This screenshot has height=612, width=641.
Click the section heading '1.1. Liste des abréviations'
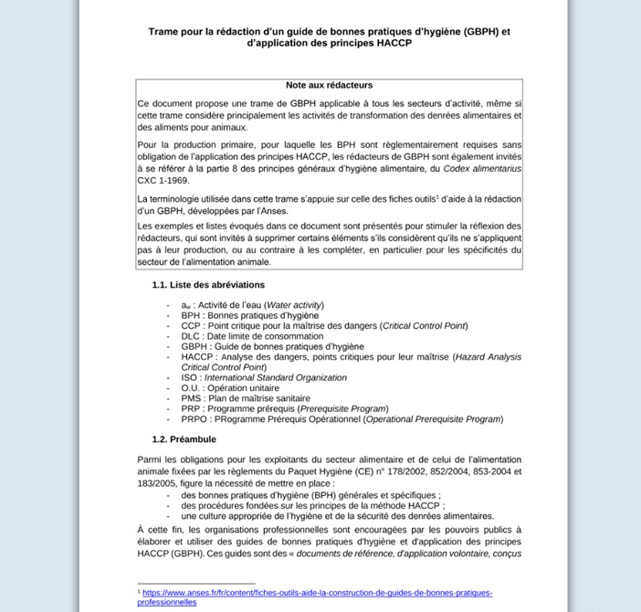(208, 285)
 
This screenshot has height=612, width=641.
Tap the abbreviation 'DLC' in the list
(190, 336)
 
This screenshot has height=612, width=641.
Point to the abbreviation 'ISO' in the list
(189, 377)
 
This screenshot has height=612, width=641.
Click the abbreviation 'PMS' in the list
(191, 398)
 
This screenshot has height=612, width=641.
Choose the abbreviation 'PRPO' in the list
(194, 419)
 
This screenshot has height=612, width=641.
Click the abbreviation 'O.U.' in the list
(191, 388)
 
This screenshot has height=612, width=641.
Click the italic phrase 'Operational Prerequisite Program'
(434, 419)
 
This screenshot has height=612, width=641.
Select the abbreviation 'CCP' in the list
(190, 325)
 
